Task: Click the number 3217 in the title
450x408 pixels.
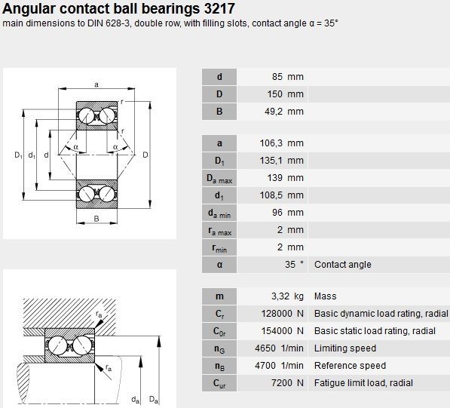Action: click(x=219, y=8)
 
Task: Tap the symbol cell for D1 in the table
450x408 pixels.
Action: click(x=219, y=161)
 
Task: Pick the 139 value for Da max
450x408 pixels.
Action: click(x=275, y=178)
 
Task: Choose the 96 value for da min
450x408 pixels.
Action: click(x=277, y=213)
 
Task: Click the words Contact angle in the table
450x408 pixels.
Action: click(x=343, y=265)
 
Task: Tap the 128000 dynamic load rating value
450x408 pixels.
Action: click(x=277, y=314)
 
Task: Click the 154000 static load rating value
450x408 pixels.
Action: click(x=277, y=331)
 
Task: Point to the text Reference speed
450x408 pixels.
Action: click(x=350, y=366)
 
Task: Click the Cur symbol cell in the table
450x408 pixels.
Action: click(x=219, y=383)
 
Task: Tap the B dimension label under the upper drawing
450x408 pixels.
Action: click(x=96, y=219)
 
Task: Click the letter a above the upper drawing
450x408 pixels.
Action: click(x=96, y=84)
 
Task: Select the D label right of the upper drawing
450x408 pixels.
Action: click(x=145, y=155)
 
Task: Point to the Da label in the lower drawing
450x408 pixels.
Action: click(x=154, y=400)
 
